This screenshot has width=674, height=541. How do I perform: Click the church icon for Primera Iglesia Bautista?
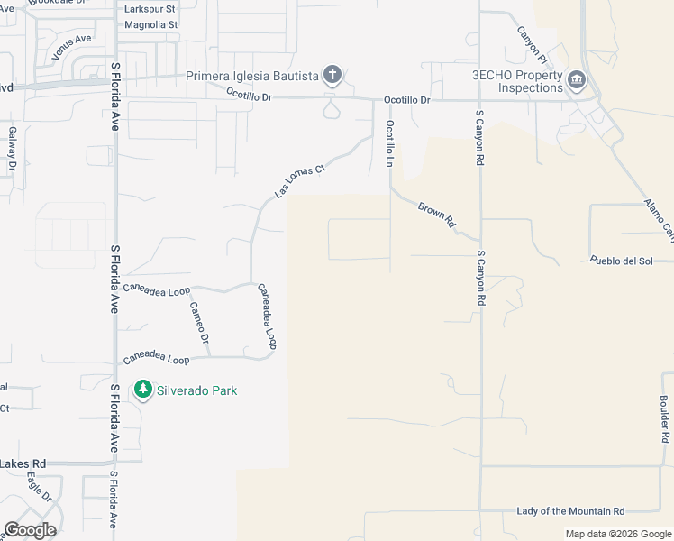(x=332, y=75)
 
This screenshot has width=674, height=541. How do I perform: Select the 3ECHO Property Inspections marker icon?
(x=577, y=83)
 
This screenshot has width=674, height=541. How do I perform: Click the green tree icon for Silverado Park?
(x=142, y=390)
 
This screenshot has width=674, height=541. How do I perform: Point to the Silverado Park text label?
(x=197, y=390)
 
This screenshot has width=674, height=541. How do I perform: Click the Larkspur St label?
(x=151, y=8)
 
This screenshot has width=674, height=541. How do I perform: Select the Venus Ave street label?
(x=72, y=47)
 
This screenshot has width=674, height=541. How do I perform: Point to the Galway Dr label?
(x=14, y=148)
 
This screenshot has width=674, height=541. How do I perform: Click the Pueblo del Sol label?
(x=621, y=261)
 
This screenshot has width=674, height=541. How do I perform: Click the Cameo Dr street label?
(x=198, y=323)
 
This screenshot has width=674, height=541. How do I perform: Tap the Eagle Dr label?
(x=39, y=488)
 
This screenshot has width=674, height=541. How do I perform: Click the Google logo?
(x=30, y=530)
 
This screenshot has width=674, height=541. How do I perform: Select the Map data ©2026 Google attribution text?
(x=617, y=534)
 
